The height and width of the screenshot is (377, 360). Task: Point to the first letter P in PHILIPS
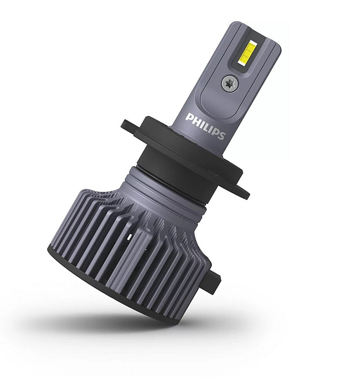pos(189,116)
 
